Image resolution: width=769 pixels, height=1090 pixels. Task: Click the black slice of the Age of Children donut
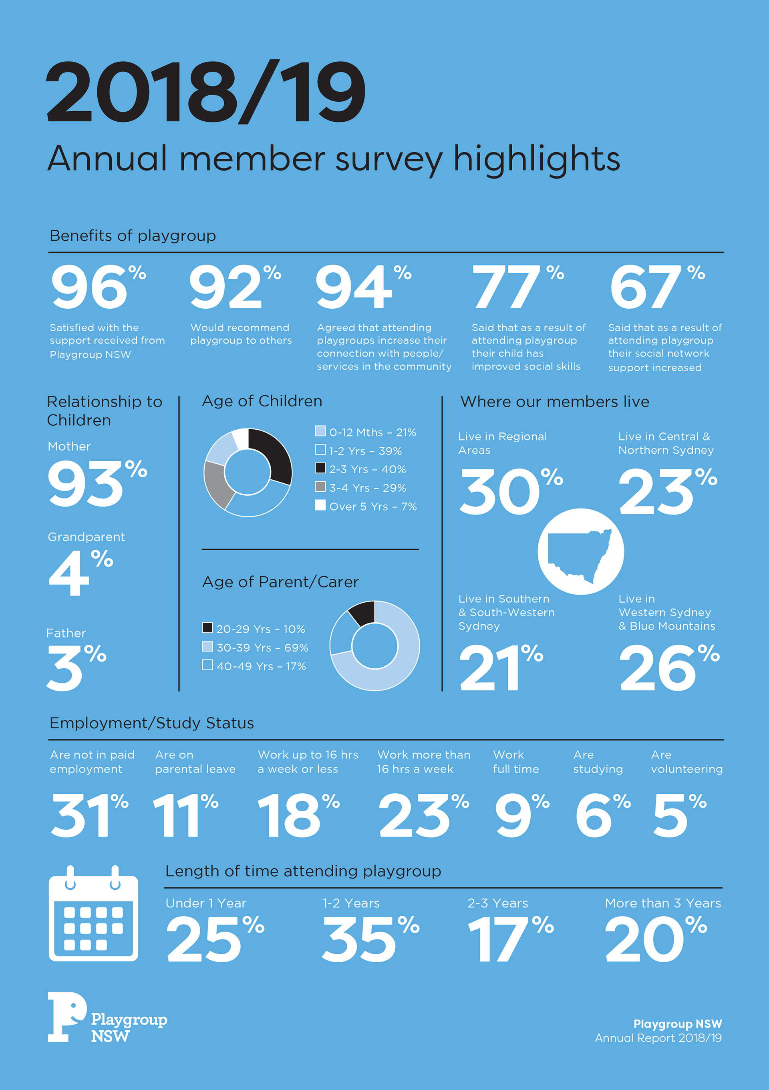[x=273, y=453]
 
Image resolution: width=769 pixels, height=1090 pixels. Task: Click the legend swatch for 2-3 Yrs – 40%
[x=320, y=469]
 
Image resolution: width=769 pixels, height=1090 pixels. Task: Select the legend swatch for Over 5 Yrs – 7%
[x=320, y=506]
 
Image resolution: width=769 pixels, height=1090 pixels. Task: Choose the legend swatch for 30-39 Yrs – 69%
[x=207, y=647]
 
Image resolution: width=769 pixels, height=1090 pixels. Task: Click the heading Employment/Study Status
[x=152, y=724]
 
